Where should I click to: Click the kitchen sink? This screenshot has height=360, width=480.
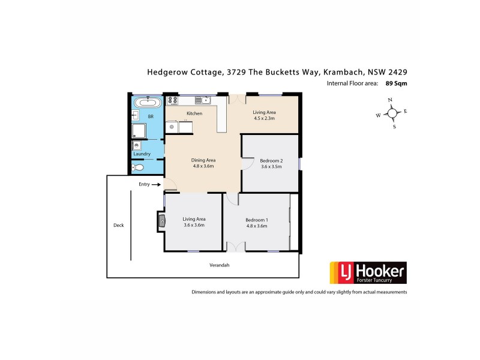point(205,100)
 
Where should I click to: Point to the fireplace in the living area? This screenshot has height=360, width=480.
point(161,221)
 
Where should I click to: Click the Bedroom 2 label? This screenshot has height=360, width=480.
point(271,161)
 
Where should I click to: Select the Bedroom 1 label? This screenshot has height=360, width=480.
point(257,220)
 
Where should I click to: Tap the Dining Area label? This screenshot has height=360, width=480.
point(203,160)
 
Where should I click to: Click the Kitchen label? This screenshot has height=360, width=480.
point(194,113)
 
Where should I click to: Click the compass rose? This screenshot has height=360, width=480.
point(392,113)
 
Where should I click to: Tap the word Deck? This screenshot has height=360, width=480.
point(118,226)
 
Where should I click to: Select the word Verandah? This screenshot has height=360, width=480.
point(220,265)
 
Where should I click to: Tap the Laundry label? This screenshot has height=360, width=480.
point(142,154)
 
